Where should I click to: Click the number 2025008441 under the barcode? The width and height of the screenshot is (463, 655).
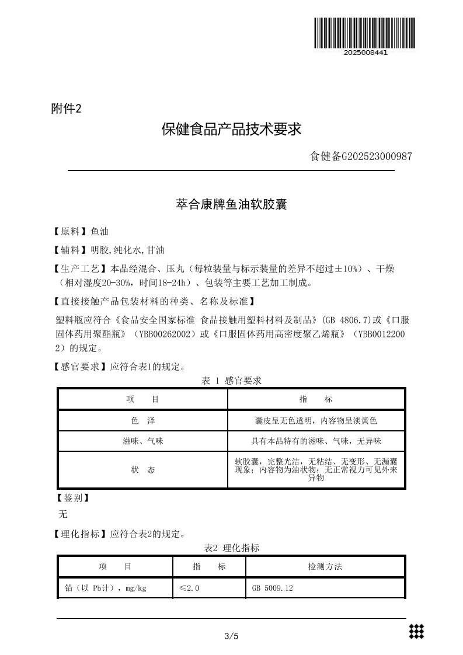click(365, 53)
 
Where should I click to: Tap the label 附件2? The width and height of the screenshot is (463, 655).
click(66, 109)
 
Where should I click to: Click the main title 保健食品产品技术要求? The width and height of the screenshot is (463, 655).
click(231, 129)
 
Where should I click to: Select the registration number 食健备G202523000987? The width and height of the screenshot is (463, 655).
click(361, 156)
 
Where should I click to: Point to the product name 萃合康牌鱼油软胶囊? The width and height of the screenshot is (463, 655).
click(231, 205)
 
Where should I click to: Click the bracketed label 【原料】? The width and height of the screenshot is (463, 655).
click(71, 232)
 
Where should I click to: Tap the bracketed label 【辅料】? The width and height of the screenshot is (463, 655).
click(71, 250)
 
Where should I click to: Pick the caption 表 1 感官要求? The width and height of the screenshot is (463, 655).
click(231, 381)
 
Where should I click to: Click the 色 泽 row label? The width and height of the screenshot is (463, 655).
click(142, 420)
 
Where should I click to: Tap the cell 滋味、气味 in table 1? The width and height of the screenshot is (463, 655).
click(142, 441)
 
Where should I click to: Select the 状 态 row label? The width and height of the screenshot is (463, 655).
click(142, 469)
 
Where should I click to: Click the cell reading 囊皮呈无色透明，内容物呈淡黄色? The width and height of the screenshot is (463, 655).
click(316, 420)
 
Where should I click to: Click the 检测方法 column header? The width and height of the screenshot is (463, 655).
click(325, 566)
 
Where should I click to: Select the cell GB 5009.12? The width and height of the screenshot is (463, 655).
click(272, 588)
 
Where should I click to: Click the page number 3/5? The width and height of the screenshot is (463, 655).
click(231, 636)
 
